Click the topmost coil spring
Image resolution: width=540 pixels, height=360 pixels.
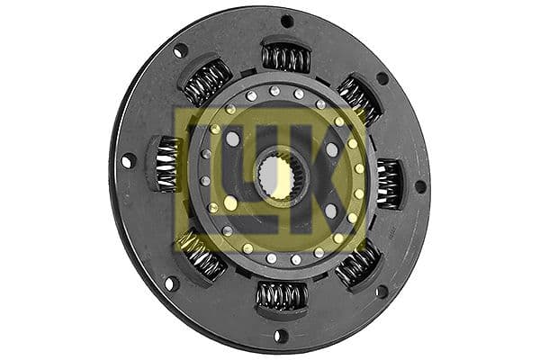pos(286,58)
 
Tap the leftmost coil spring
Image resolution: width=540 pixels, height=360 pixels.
pos(167,164)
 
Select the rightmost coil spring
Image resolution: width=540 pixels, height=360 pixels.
pos(389,184)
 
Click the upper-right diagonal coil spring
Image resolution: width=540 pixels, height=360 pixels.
pos(358,99)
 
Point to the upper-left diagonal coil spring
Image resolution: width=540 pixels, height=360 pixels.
pos(207,83)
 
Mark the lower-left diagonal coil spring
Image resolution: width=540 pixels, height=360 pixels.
pos(203,257)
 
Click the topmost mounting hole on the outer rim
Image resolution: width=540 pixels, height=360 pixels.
pos(287,21)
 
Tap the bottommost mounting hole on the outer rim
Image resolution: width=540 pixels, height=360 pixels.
pos(280,336)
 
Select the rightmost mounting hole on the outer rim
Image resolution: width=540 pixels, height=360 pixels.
pos(419,187)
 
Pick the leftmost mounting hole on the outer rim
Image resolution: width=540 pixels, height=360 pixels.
pos(128,161)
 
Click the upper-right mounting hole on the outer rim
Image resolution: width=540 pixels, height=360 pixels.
pos(382,78)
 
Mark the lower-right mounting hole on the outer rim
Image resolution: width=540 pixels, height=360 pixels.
pos(382,291)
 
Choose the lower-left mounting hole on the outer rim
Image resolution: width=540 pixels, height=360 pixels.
pos(170,283)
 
